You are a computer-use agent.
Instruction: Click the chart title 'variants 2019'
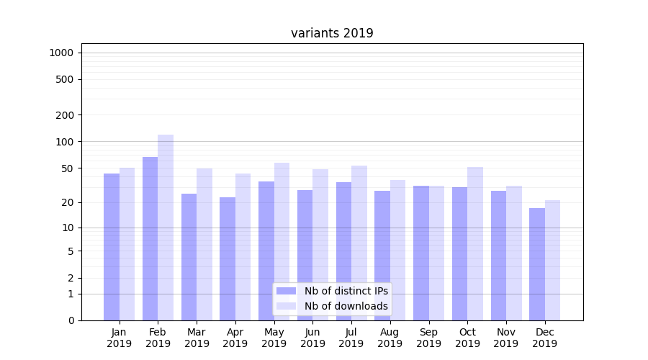tap(332, 33)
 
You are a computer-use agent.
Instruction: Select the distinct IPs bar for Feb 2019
tap(150, 238)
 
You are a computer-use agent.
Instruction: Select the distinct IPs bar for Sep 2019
tap(421, 253)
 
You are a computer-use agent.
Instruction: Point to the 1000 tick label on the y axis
tap(61, 53)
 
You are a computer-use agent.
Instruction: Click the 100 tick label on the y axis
tap(64, 142)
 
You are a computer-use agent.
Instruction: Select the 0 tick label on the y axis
tap(71, 320)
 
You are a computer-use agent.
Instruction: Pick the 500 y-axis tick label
tap(64, 79)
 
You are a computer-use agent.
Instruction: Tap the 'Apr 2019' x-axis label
tap(235, 338)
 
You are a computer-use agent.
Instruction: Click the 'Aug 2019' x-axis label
tap(390, 338)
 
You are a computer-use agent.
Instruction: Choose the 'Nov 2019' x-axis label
tap(506, 338)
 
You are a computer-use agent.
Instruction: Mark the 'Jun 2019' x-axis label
tap(312, 338)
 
